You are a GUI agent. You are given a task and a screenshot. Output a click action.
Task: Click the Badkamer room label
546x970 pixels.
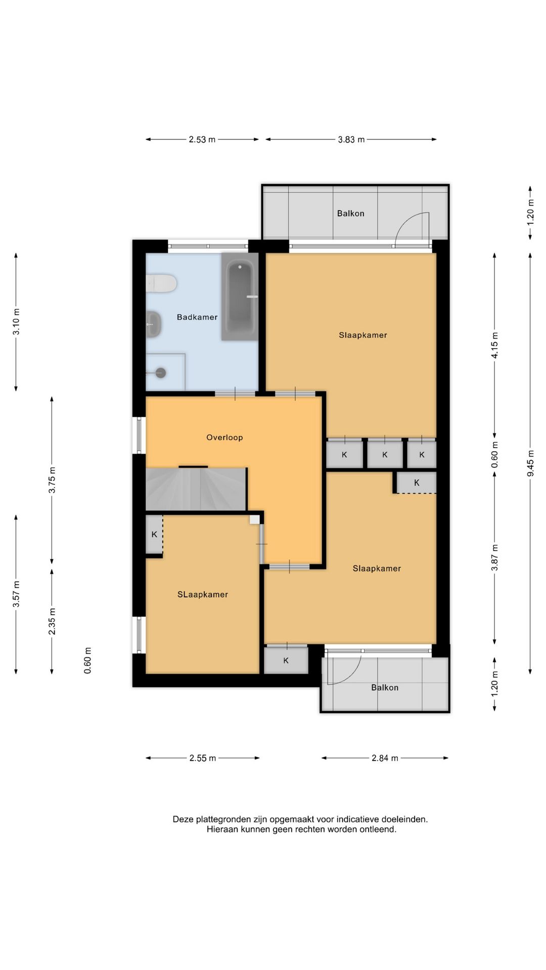197,317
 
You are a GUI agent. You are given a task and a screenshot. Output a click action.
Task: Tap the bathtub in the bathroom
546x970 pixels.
240,297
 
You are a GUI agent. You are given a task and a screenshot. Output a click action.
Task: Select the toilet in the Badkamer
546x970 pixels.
161,283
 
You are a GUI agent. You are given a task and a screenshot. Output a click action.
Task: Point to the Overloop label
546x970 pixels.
224,438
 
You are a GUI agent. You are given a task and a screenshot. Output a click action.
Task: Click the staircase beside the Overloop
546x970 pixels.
196,489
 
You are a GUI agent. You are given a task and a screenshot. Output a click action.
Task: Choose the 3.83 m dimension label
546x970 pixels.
351,139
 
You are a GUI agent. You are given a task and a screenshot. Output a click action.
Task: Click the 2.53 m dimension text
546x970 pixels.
202,139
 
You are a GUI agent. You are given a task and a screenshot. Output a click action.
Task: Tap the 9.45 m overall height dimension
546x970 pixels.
530,463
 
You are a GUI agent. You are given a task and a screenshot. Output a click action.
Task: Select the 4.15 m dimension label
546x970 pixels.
495,346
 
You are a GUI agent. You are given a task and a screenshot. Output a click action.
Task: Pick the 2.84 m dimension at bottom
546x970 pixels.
385,758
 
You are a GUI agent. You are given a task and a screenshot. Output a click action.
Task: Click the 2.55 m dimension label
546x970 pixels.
203,758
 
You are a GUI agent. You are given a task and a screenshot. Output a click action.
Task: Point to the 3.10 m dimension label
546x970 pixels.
16,322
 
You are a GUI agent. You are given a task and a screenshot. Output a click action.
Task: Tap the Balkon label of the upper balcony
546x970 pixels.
351,214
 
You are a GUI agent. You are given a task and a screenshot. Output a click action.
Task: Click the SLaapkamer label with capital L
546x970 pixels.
203,595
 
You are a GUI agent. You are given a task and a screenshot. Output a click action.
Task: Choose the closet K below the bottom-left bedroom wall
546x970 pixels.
286,660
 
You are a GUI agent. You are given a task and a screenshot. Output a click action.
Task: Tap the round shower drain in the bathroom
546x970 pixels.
161,373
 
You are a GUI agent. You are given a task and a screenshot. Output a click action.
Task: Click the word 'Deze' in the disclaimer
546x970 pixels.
183,819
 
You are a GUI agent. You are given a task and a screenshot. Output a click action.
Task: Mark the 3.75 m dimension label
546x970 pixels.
52,480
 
